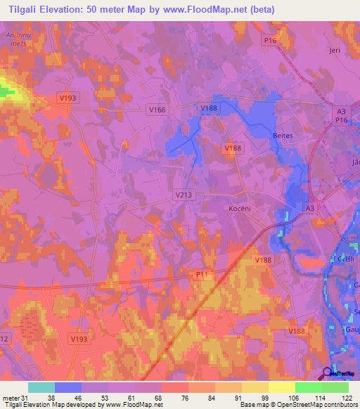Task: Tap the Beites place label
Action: tap(282, 134)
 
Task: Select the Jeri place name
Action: tap(334, 51)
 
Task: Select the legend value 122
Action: tap(348, 397)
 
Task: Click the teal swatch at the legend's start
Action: tap(41, 387)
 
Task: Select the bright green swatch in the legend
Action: tap(308, 387)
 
